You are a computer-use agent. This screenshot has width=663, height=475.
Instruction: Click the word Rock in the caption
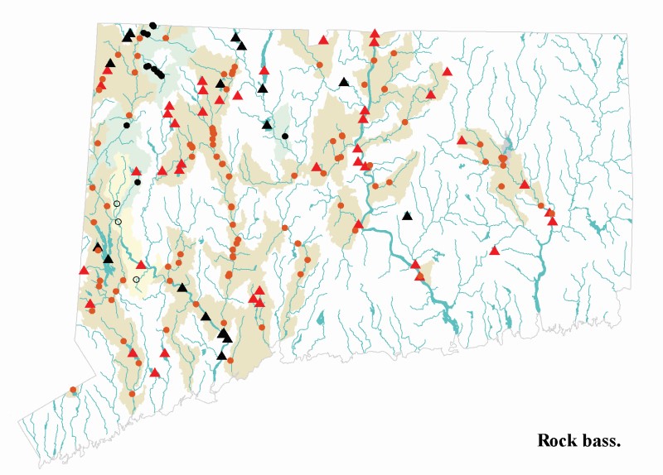[556, 440]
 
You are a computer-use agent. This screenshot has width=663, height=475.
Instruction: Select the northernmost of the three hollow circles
[117, 204]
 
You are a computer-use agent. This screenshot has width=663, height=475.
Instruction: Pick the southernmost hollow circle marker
[136, 279]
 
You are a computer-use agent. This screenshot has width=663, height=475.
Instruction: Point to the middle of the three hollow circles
[119, 222]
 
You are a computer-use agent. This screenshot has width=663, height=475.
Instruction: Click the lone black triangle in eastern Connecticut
[407, 216]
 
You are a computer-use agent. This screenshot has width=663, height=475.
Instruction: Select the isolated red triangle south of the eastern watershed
[494, 250]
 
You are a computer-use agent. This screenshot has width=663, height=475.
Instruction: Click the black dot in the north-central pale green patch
[285, 136]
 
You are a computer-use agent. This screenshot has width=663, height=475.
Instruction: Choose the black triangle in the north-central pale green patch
[267, 124]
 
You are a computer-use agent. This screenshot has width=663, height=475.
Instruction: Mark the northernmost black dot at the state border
[153, 26]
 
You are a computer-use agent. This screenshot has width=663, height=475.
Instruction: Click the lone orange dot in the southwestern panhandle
[73, 390]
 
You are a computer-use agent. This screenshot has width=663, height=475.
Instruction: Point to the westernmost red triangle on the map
[84, 270]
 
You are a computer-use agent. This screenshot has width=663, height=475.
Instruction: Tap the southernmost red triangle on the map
[154, 372]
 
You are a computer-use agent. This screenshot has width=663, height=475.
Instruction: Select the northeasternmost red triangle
[447, 72]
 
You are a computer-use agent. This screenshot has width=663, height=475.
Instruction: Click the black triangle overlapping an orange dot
[98, 247]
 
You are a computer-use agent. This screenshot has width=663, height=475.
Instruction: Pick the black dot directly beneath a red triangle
[138, 181]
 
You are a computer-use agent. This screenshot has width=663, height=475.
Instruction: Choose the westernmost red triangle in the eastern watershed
[462, 140]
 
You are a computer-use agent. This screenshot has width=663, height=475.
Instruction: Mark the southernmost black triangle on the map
[221, 355]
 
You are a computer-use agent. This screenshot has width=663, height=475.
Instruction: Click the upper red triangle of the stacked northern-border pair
[375, 33]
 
